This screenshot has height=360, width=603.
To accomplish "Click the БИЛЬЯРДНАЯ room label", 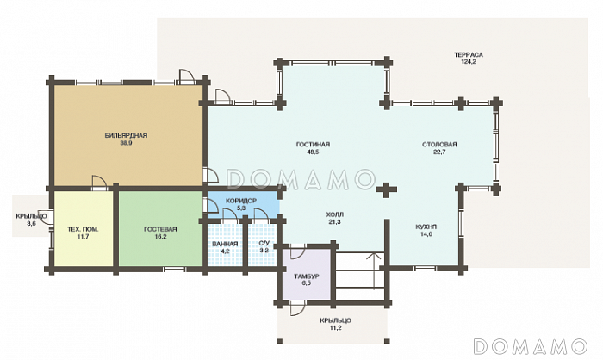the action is click(x=126, y=135).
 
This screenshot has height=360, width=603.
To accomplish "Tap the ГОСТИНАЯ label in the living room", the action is click(x=313, y=145).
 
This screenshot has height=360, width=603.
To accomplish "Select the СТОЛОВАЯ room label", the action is click(x=439, y=145).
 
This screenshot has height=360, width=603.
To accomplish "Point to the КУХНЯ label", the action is click(x=426, y=227).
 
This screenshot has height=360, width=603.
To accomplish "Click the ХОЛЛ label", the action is click(x=335, y=214).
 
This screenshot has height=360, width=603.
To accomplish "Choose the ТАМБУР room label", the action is click(x=307, y=276).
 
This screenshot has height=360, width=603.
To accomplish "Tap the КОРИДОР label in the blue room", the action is click(x=241, y=201).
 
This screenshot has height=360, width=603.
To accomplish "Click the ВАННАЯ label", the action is click(x=225, y=245).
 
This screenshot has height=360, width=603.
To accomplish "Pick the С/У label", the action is click(x=264, y=244).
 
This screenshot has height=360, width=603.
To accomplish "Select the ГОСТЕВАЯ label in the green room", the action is click(x=160, y=230).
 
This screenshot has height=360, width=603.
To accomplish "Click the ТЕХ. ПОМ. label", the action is click(x=83, y=230).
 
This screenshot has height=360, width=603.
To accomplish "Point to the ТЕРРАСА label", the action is click(x=469, y=55).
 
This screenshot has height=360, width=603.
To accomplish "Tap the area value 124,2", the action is click(x=469, y=61).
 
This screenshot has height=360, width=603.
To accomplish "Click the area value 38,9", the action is click(x=126, y=143).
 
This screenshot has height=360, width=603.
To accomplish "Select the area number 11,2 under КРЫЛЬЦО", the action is click(x=335, y=328).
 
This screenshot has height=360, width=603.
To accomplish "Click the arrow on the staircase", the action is click(x=372, y=270).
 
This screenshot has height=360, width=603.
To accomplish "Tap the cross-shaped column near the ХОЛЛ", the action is click(x=386, y=190).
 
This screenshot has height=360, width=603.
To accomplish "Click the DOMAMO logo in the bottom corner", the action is click(x=531, y=346).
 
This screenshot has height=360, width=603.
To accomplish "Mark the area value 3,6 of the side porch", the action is click(x=32, y=223).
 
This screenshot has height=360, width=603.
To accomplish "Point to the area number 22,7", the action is click(x=439, y=152).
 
